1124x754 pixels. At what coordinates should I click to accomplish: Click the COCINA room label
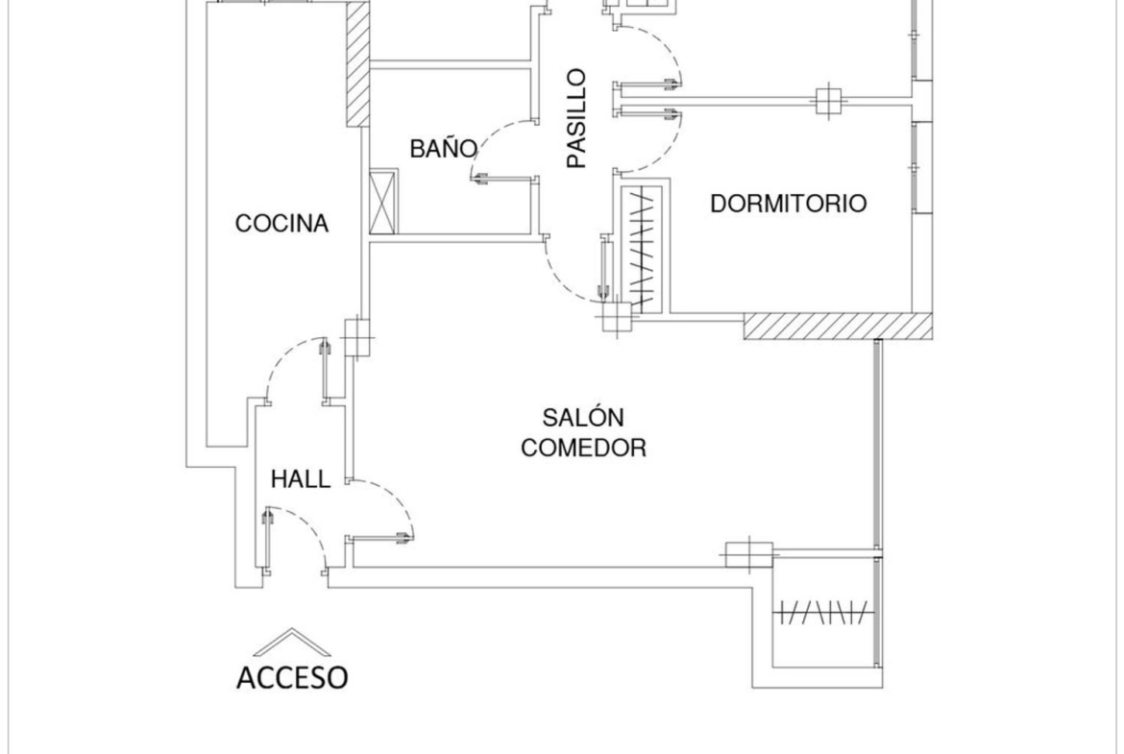pos(281,224)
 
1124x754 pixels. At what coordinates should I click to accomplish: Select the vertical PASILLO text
pos(576,118)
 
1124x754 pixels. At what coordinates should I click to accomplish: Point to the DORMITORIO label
pos(788,204)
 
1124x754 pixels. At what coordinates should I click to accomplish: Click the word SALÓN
pos(583,417)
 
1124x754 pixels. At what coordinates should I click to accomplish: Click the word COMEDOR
pos(583,448)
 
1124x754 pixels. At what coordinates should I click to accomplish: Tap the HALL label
pos(301,478)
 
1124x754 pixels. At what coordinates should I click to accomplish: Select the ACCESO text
pos(292,677)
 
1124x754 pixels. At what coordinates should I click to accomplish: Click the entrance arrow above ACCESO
pos(292,643)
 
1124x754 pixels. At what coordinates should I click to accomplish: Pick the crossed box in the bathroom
pos(383,202)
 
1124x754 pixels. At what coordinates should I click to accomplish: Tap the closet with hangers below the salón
pos(824,613)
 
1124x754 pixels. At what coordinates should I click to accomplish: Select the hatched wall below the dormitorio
pos(838,327)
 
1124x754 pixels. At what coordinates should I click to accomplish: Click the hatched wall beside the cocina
pos(357,63)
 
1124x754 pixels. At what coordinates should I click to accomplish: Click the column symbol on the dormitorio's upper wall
pos(828,101)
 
